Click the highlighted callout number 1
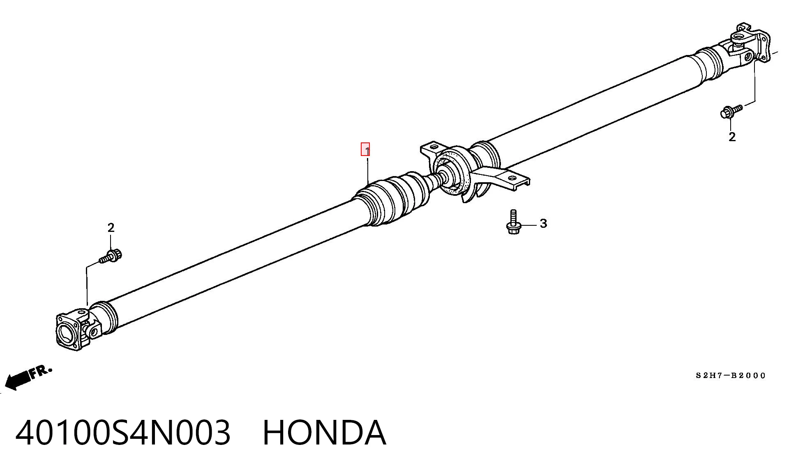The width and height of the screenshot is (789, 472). (365, 149)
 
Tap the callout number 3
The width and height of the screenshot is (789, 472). (543, 224)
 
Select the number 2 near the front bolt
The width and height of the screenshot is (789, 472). (111, 227)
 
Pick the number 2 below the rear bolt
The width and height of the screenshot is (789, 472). (732, 137)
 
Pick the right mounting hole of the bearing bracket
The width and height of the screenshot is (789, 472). (512, 179)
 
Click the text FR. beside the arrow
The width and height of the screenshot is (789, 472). (41, 371)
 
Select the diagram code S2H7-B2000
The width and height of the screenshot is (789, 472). (731, 376)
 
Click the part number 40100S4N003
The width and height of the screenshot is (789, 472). (123, 433)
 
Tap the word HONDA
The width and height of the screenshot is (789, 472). (324, 433)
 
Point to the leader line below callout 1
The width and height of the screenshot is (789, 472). (368, 170)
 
